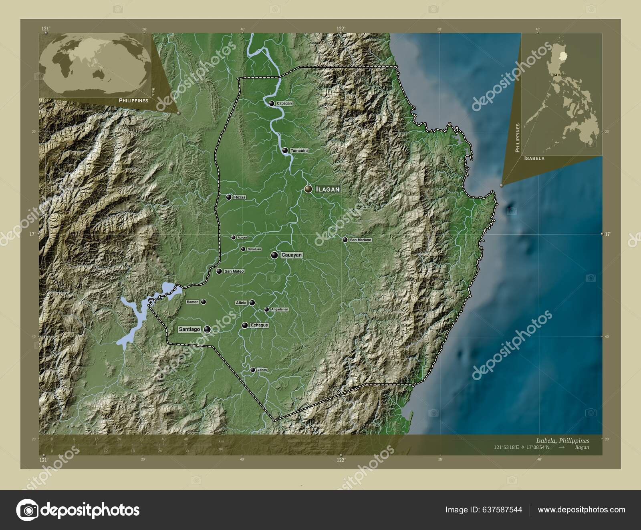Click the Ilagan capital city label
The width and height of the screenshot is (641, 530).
click(x=327, y=189)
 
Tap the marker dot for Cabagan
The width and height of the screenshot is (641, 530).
click(x=272, y=103)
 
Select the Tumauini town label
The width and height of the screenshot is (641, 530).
click(x=299, y=151)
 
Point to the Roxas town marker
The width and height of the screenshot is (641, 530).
click(x=229, y=197)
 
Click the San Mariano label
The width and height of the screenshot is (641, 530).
click(x=361, y=240)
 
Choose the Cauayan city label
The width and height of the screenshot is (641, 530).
click(x=292, y=255)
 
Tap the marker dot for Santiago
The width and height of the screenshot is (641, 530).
click(x=207, y=329)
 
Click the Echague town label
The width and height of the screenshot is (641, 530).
click(x=259, y=325)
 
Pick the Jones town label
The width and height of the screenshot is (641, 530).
click(x=262, y=370)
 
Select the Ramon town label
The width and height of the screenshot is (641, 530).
click(x=193, y=302)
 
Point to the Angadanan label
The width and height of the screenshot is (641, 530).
click(x=280, y=309)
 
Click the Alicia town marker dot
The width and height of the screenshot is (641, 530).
click(x=252, y=303)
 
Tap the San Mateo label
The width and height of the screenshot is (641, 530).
click(x=234, y=271)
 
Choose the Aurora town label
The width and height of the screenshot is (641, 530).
click(x=242, y=238)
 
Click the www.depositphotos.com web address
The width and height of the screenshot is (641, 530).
click(x=581, y=510)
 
